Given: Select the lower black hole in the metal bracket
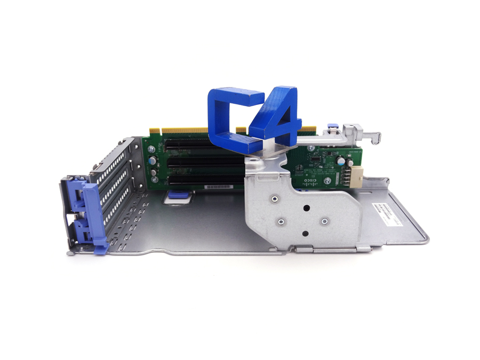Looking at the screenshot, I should (305, 233).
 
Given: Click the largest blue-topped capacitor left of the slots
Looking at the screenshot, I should (153, 159).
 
